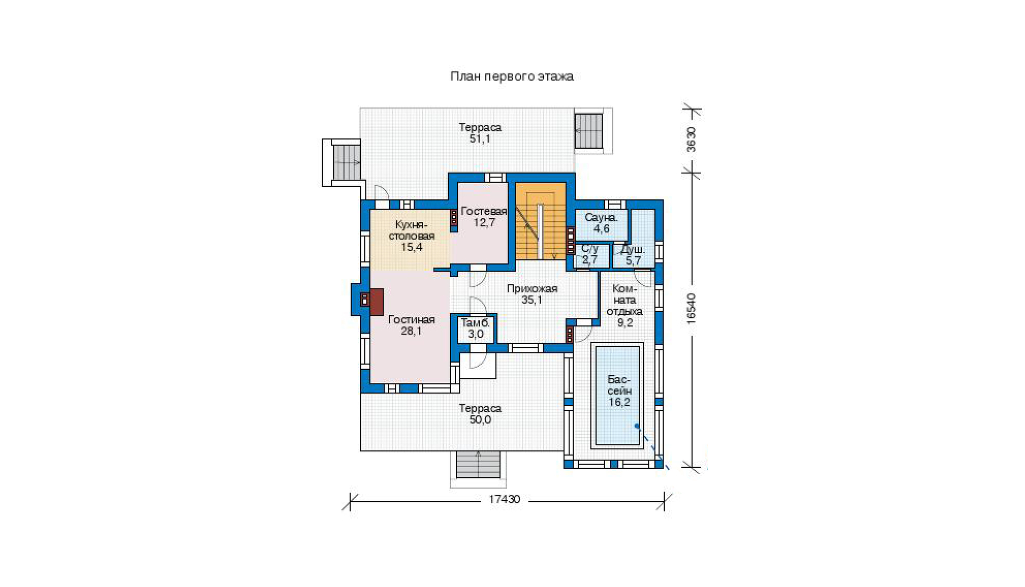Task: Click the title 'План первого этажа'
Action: pyautogui.click(x=511, y=76)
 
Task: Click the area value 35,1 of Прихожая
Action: pyautogui.click(x=531, y=300)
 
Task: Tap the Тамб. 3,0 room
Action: pyautogui.click(x=476, y=329)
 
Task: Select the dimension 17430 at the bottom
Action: pyautogui.click(x=504, y=499)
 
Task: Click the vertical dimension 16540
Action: pyautogui.click(x=691, y=309)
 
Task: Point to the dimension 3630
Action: pyautogui.click(x=691, y=139)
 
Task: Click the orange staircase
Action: pyautogui.click(x=541, y=221)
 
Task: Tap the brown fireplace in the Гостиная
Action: pyautogui.click(x=376, y=302)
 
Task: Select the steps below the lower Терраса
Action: pyautogui.click(x=478, y=464)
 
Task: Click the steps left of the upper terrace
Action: pyautogui.click(x=347, y=163)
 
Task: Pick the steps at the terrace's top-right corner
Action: pyautogui.click(x=588, y=131)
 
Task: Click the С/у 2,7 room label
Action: pyautogui.click(x=590, y=254)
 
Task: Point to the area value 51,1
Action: pyautogui.click(x=480, y=139)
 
